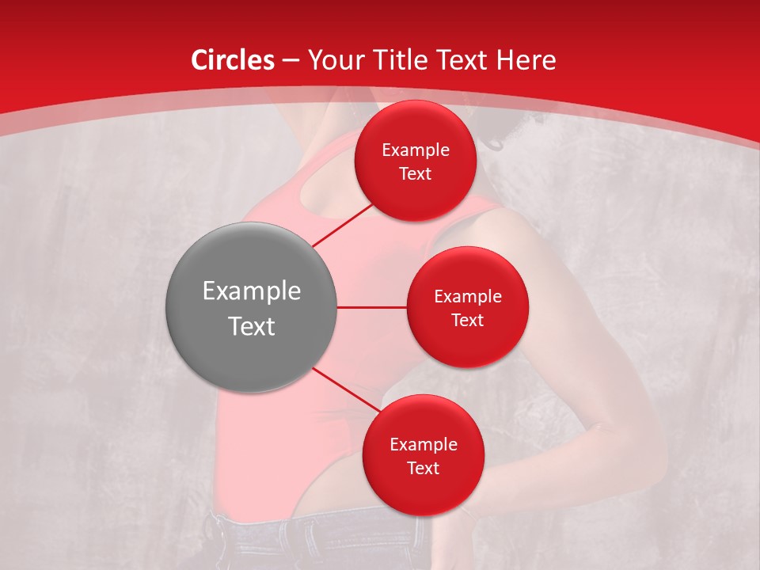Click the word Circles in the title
coord(233,60)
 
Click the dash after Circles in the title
coord(290,61)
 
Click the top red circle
coord(415,161)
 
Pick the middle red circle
coord(467,307)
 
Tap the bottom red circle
coord(423,455)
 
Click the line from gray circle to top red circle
coord(342,225)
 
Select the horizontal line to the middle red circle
coord(371,307)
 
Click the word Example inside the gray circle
coord(251,291)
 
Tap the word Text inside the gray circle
coord(251,326)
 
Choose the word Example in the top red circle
coord(415,150)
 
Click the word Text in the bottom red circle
coord(423,468)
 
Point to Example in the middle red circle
coord(467,296)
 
